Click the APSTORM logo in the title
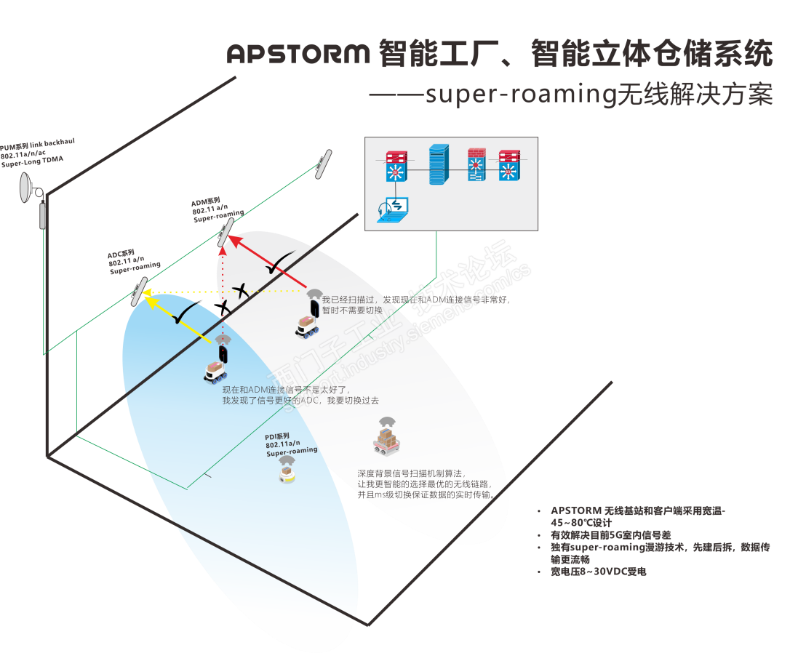(x=299, y=53)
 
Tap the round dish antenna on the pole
(x=28, y=188)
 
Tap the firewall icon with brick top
(x=476, y=164)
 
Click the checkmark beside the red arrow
(x=277, y=266)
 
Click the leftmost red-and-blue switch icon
(x=397, y=165)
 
